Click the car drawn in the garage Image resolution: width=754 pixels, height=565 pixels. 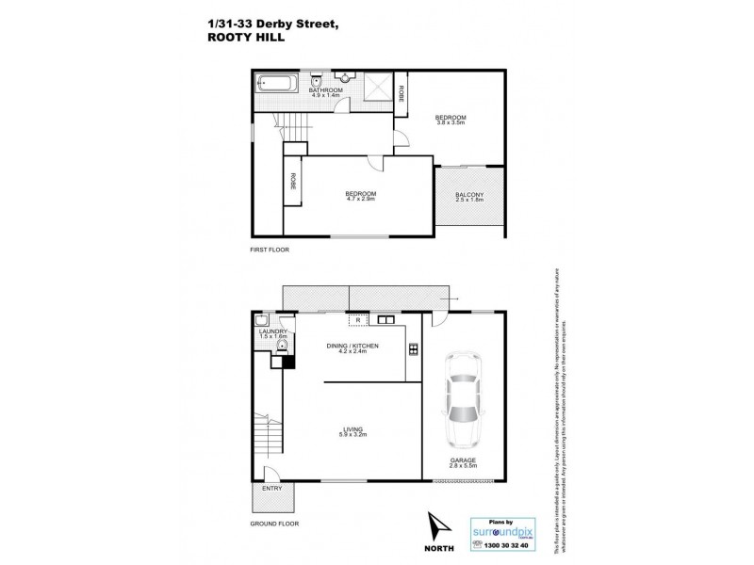tap(461, 401)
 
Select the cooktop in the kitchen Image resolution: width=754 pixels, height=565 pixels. tap(413, 350)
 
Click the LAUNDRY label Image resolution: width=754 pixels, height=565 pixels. tap(271, 331)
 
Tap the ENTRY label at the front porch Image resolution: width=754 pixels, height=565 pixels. tap(271, 488)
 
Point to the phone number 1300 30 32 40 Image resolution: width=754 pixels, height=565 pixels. tap(505, 545)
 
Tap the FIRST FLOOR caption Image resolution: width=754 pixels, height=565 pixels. tap(270, 250)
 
